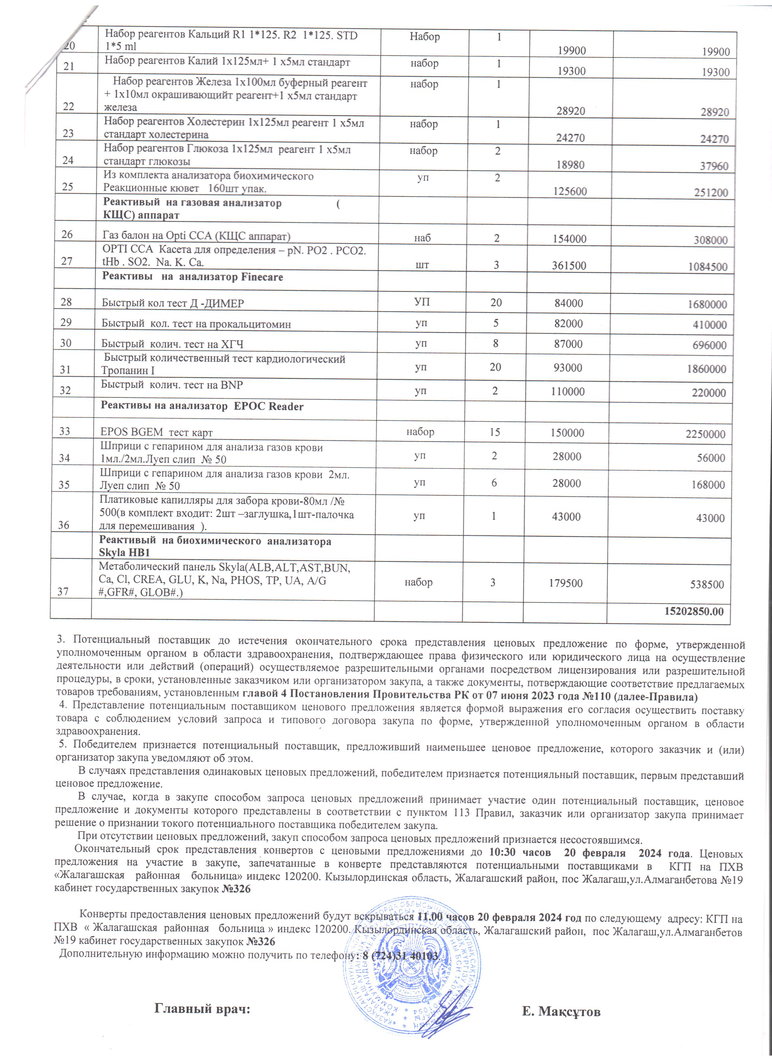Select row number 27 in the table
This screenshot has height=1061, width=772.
click(x=67, y=261)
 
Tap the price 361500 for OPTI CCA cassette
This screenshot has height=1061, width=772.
click(x=569, y=265)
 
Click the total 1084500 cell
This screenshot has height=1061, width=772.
click(x=708, y=267)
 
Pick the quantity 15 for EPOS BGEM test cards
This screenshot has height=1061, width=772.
click(x=495, y=432)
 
